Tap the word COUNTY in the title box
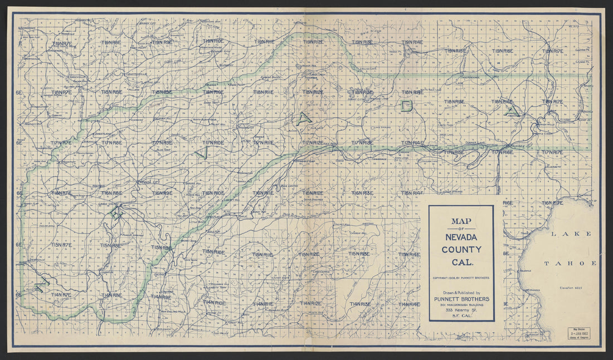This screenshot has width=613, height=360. pos(461,250)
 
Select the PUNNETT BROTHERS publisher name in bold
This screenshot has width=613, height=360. pos(461,299)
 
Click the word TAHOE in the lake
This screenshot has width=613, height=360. pos(570,263)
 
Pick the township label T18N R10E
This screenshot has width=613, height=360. pos(212,92)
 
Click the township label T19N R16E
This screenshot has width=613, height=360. pos(503,51)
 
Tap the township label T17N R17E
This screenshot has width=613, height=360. pos(552,152)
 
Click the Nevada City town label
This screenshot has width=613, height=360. pos(148,182)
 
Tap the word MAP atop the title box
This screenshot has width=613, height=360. pos(461,221)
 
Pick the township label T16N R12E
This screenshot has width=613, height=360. pos(312,193)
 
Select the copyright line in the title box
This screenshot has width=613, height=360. pos(461,276)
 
